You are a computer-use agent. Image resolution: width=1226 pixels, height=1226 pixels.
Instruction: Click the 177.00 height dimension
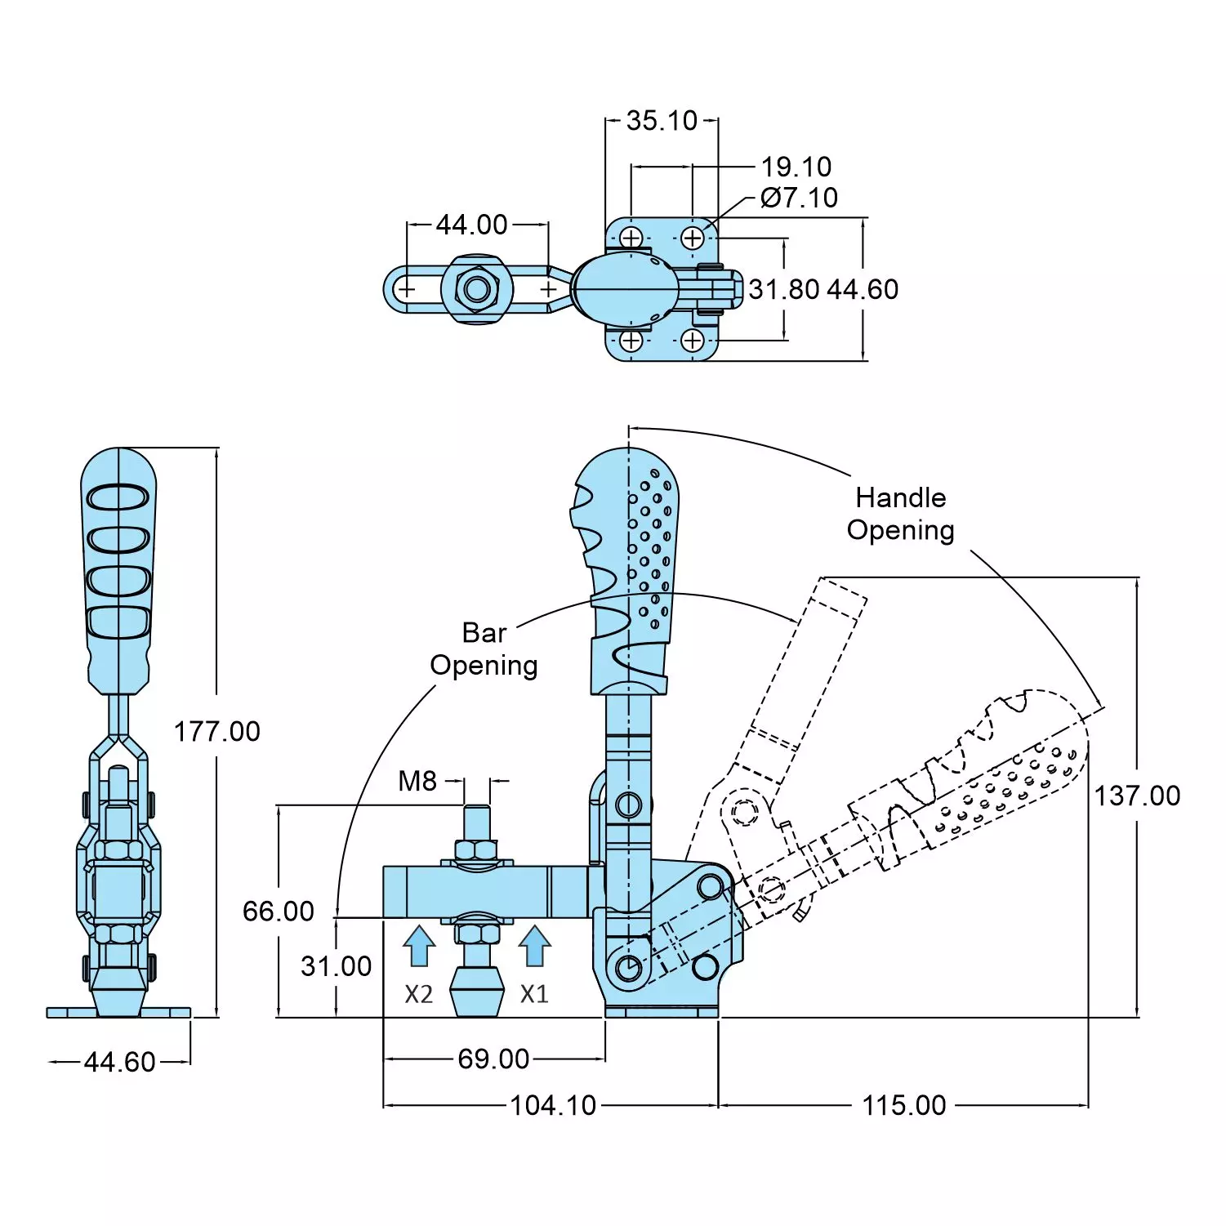coord(217,731)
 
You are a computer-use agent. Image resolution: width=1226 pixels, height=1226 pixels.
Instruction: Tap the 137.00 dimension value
coord(1137,796)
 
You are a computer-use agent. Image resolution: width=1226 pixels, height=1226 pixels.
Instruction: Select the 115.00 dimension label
coord(904,1105)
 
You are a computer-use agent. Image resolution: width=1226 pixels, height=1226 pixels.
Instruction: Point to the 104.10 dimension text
coord(553,1105)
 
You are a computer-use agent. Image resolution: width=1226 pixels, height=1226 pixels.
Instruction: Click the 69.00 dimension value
coord(493,1059)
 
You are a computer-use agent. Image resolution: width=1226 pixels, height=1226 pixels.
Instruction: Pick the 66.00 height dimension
coord(279,911)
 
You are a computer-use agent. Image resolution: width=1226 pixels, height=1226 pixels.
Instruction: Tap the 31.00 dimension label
coord(337,966)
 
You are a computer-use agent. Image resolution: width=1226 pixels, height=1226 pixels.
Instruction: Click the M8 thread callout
coord(417,782)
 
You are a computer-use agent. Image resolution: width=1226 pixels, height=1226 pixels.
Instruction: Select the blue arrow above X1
coord(535,946)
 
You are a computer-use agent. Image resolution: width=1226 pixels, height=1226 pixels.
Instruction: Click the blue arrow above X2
coord(419,946)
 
